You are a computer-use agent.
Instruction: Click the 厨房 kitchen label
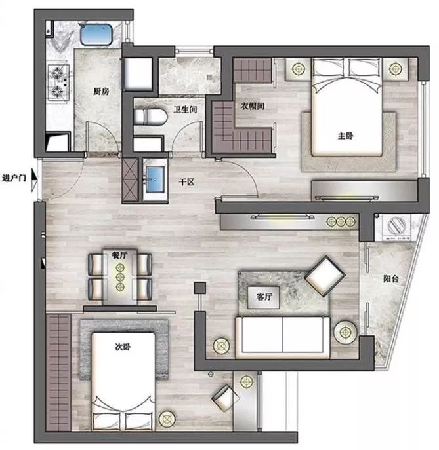101,92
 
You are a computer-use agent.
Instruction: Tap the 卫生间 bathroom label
186,109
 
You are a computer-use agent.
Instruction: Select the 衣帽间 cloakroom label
253,106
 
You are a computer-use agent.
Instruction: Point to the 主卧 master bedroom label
345,136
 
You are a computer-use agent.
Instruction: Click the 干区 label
186,182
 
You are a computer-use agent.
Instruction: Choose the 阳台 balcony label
391,278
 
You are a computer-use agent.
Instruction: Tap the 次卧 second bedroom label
123,347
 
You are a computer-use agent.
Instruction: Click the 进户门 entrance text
14,178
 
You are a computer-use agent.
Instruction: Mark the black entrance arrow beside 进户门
34,179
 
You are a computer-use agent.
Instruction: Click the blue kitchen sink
96,35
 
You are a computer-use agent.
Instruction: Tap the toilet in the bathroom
150,117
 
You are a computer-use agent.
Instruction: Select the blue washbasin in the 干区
156,179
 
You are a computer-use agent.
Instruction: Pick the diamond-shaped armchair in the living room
325,276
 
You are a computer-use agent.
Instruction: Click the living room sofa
283,337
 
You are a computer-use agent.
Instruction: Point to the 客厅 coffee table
264,297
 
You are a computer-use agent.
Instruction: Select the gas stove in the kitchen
58,82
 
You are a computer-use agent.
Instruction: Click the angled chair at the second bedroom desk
225,398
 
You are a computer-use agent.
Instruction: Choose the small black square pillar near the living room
199,288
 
